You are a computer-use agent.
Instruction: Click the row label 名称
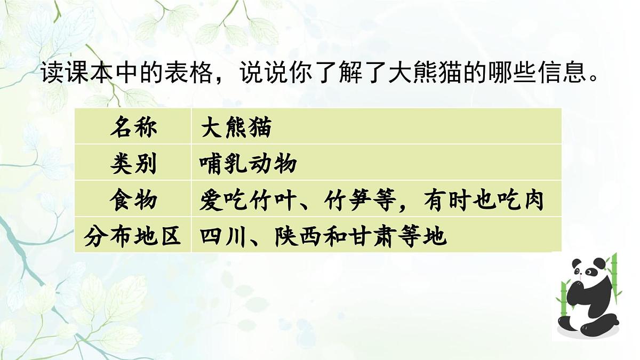[133, 127]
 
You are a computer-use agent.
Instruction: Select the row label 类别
[133, 164]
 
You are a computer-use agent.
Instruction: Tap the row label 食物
[133, 200]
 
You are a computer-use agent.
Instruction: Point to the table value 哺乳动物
[249, 164]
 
